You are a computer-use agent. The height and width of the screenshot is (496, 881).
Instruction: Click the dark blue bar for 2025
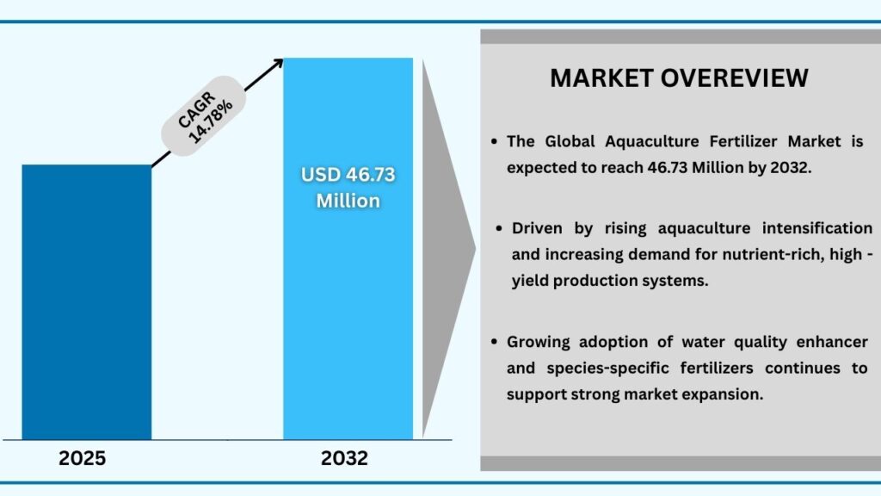coord(86,301)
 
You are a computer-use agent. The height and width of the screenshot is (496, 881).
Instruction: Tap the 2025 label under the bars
coord(83,458)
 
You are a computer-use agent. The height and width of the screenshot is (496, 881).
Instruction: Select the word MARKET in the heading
coord(601,77)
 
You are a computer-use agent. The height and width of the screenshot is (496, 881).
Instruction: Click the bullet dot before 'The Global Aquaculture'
coord(494,142)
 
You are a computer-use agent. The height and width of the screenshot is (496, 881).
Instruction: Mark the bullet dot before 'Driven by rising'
coord(499,228)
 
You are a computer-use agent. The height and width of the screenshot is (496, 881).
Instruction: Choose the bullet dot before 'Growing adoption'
coord(494,342)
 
